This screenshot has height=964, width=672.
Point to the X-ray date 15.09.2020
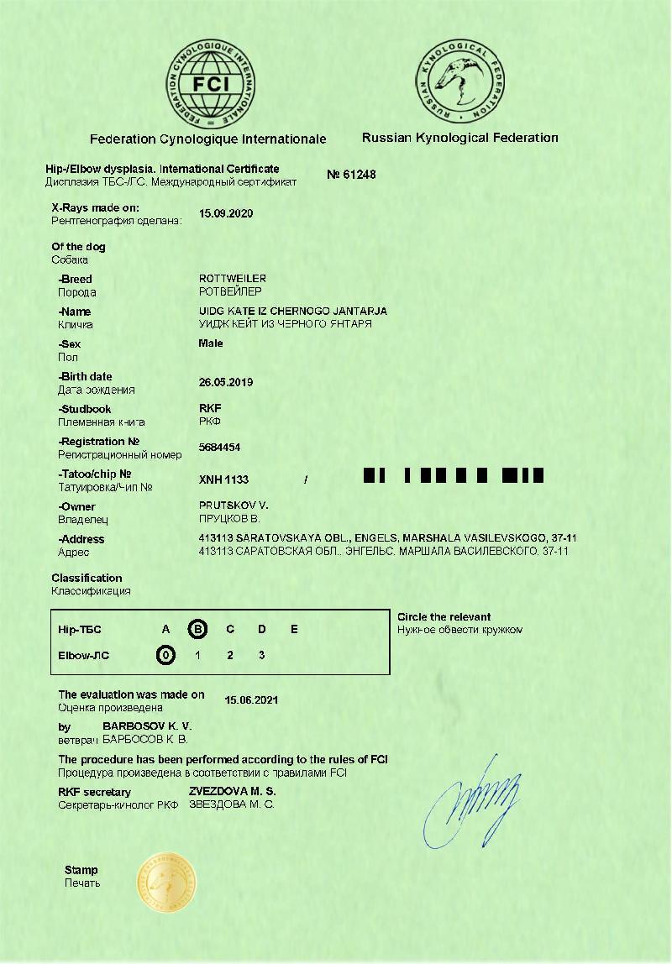point(226,213)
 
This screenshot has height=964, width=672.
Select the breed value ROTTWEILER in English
point(233,278)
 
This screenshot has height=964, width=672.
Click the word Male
point(211,343)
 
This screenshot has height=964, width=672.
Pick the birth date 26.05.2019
point(226,382)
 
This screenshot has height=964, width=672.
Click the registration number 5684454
point(219,448)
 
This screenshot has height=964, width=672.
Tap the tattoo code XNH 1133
point(223,479)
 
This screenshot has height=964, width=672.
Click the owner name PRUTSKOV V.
point(233,506)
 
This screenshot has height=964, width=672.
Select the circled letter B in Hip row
point(198,629)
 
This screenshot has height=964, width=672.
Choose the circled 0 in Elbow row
point(166,655)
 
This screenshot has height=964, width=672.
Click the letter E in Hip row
point(294,629)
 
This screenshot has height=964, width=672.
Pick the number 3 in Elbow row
point(262,655)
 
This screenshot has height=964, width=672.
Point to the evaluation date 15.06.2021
point(252,699)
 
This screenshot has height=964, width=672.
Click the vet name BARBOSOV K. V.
point(147,725)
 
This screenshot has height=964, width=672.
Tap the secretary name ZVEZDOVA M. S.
point(232,791)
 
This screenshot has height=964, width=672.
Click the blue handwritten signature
point(470,802)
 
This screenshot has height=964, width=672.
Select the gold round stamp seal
point(167,883)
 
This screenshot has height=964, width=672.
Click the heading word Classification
point(87,578)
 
